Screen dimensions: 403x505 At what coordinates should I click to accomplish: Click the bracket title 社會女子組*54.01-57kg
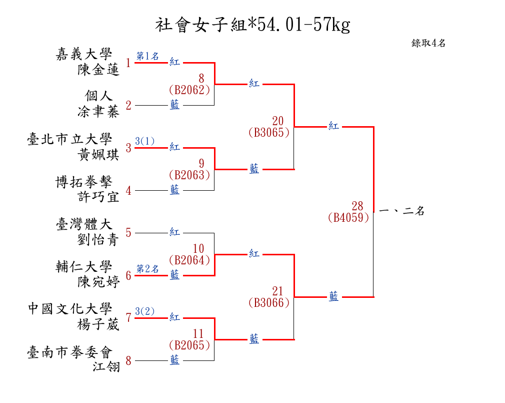[x=252, y=25]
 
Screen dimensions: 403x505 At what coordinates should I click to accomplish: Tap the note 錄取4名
[x=428, y=43]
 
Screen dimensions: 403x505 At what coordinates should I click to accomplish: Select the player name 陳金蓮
[x=98, y=70]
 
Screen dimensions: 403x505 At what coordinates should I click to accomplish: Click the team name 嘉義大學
[x=84, y=54]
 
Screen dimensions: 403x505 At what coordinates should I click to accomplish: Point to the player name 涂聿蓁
[x=98, y=112]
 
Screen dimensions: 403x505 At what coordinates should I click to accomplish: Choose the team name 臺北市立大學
[x=69, y=139]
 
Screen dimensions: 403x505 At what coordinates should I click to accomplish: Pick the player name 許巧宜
[x=98, y=197]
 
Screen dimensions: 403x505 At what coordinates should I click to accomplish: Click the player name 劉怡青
[x=98, y=240]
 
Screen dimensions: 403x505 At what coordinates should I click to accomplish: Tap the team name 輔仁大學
[x=84, y=267]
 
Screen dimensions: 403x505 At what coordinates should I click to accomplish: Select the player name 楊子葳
[x=98, y=325]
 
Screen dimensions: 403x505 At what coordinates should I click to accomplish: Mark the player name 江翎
[x=106, y=367]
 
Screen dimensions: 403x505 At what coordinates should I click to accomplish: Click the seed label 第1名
[x=147, y=56]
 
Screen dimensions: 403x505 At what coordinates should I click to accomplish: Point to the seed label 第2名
[x=147, y=269]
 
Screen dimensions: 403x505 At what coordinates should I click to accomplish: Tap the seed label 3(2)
[x=145, y=311]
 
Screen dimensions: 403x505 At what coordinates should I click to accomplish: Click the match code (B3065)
[x=268, y=133]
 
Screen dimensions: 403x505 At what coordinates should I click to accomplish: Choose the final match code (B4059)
[x=348, y=218]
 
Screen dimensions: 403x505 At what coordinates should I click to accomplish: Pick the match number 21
[x=277, y=291]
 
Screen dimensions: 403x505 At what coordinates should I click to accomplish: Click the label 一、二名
[x=402, y=211]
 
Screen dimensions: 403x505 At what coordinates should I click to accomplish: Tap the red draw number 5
[x=128, y=233]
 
